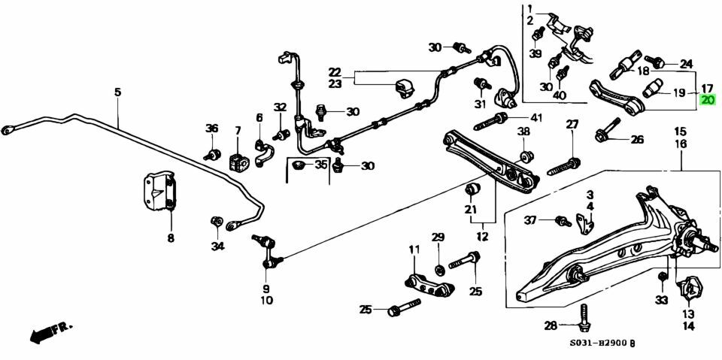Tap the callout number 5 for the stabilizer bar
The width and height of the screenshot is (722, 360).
(x=117, y=92)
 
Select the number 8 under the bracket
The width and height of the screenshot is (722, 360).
(x=170, y=238)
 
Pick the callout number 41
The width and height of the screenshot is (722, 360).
(x=535, y=117)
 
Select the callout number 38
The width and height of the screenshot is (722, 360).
(x=523, y=132)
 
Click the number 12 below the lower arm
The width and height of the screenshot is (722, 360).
(x=482, y=237)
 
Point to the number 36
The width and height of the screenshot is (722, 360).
(x=211, y=128)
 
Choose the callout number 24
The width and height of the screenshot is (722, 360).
(x=685, y=63)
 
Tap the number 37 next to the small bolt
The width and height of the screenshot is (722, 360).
(x=530, y=219)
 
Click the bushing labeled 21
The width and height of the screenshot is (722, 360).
(x=474, y=188)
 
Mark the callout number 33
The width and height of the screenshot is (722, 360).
(x=661, y=300)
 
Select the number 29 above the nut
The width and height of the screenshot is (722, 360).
(x=438, y=238)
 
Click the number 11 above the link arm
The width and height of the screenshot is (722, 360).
(x=414, y=250)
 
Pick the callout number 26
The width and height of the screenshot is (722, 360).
(x=637, y=139)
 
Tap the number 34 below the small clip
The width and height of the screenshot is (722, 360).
(x=217, y=246)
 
